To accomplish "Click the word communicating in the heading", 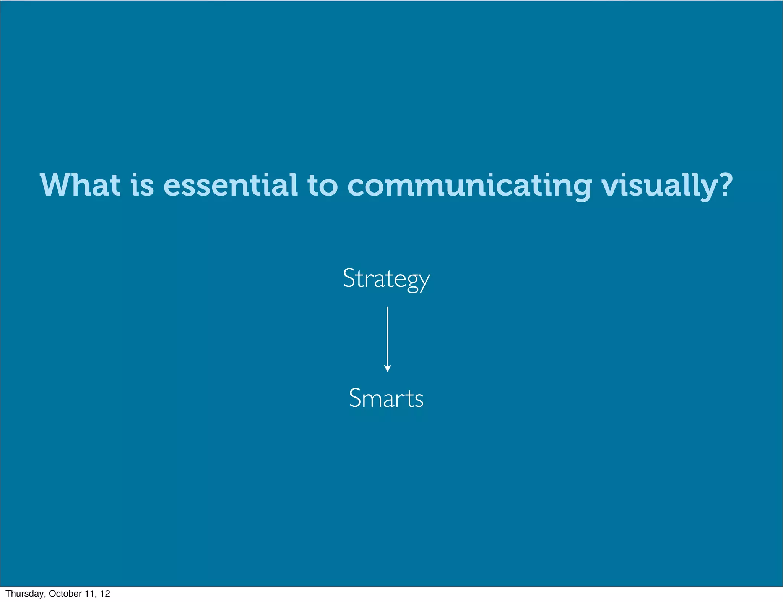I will (469, 186).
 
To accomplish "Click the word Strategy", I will (386, 279).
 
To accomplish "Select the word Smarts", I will (386, 398).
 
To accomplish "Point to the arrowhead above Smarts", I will (387, 369).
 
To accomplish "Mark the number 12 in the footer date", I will (105, 594).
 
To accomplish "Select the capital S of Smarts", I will (355, 398).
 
